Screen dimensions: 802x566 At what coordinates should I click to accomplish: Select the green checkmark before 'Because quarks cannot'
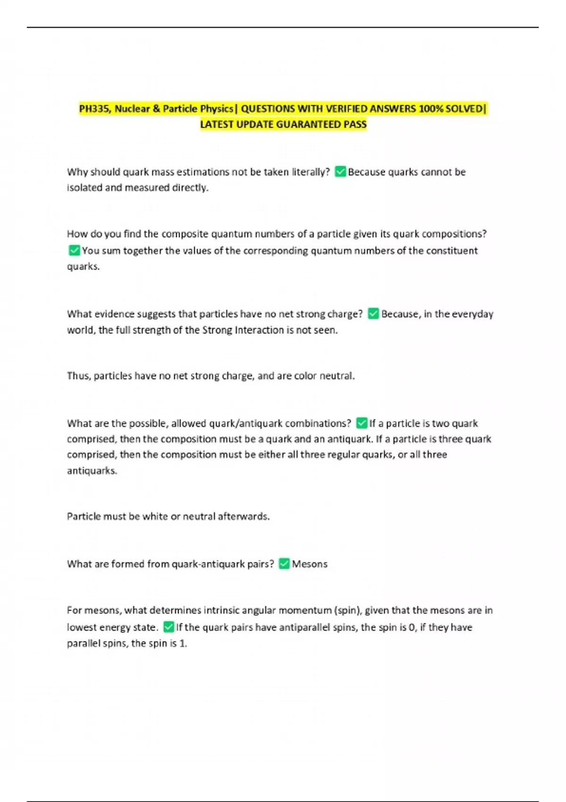(x=340, y=172)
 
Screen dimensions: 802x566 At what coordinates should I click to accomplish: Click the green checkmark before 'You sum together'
(x=74, y=250)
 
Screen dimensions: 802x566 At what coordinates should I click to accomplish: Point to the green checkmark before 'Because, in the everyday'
(x=373, y=314)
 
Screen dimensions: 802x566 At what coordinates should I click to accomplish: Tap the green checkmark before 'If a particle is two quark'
(x=361, y=423)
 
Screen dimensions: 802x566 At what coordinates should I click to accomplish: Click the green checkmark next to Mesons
(x=284, y=564)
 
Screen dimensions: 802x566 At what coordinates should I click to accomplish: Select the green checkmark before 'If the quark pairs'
(x=168, y=627)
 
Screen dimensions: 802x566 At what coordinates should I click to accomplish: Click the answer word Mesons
(x=309, y=564)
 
